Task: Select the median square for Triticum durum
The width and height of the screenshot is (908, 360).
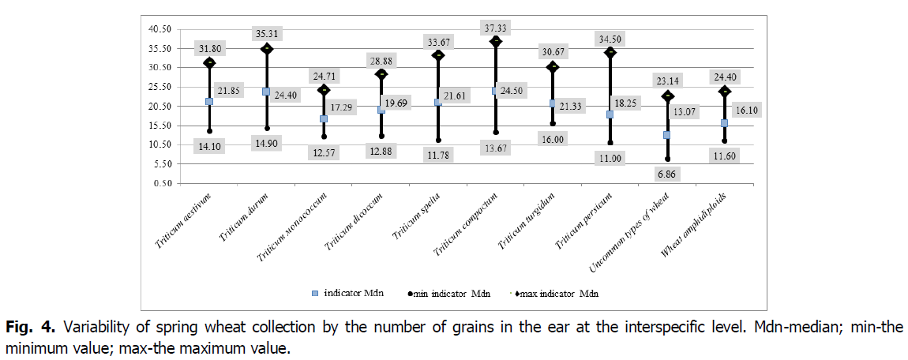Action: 266,92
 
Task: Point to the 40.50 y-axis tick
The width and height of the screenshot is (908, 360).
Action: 159,29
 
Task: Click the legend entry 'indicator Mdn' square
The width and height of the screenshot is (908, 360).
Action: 314,294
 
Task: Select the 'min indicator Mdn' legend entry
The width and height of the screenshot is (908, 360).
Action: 448,294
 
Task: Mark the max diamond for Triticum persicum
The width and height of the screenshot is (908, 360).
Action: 610,52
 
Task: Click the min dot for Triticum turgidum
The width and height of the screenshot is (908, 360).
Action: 553,123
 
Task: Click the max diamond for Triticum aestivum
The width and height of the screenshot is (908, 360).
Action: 209,62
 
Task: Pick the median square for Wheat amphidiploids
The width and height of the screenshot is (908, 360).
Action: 724,123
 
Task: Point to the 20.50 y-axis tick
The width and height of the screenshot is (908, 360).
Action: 159,106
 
